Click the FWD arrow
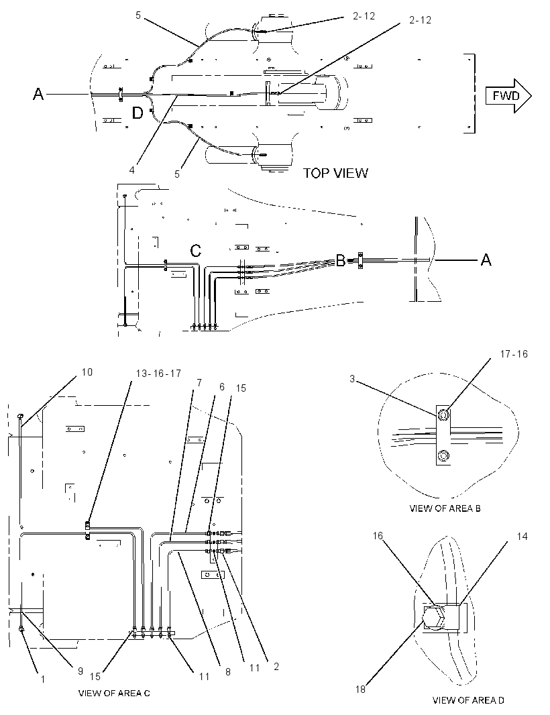click(508, 96)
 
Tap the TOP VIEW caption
click(335, 173)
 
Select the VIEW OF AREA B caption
click(445, 508)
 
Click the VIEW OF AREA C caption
click(114, 693)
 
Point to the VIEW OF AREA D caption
click(468, 700)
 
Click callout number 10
click(87, 372)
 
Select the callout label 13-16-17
click(158, 374)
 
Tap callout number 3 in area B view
click(352, 379)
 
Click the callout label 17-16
click(514, 354)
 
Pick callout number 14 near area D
click(522, 537)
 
